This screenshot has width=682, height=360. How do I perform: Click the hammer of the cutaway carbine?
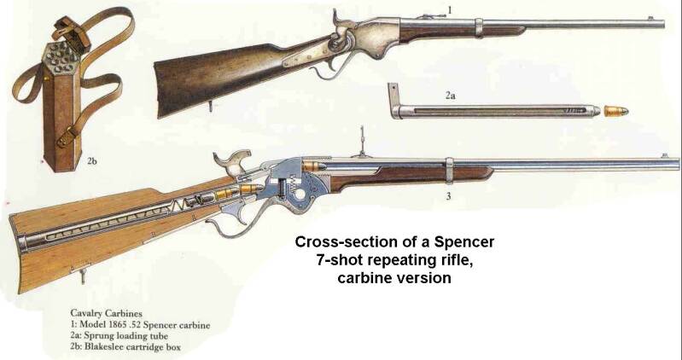tap(228, 160)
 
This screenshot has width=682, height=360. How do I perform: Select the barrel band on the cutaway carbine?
tap(447, 169)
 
